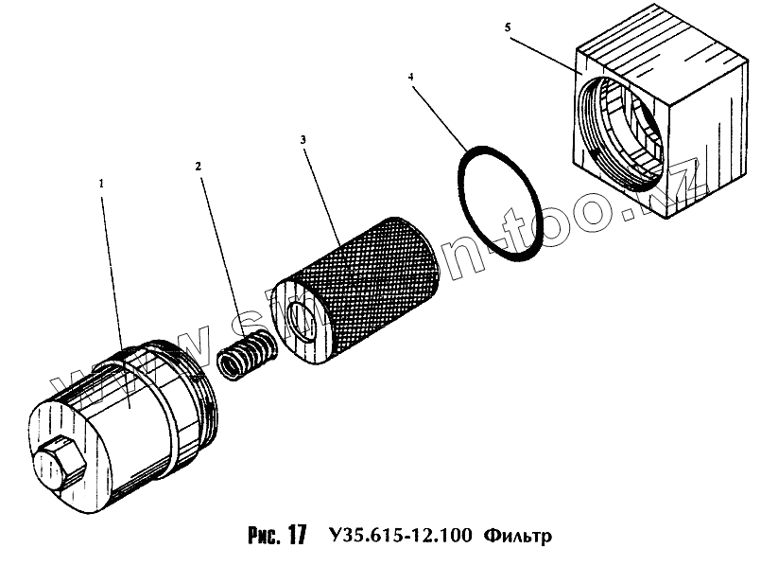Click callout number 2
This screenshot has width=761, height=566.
(x=199, y=167)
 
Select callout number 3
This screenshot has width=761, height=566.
(x=303, y=140)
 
